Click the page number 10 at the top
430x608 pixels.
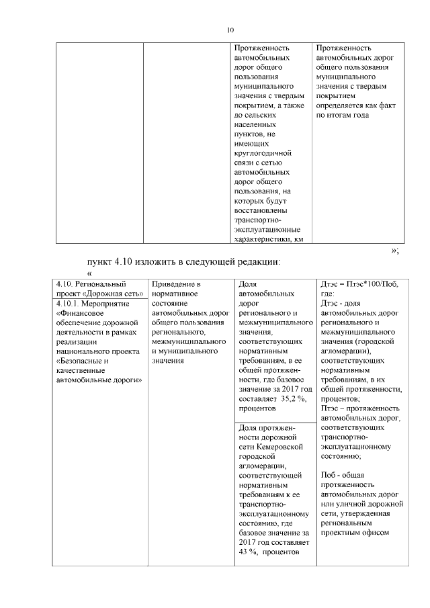230,30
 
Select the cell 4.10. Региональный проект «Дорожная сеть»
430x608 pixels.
99,289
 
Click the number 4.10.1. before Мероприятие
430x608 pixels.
69,303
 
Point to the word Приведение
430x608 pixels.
176,284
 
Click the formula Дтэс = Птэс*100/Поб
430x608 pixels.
360,284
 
